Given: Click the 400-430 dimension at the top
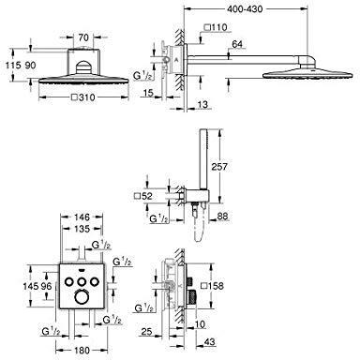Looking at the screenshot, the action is pyautogui.click(x=244, y=9).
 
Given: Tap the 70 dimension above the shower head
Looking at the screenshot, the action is pyautogui.click(x=83, y=37).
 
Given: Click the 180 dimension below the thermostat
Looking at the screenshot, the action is pyautogui.click(x=82, y=351).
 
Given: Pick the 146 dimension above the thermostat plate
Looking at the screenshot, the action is pyautogui.click(x=82, y=217).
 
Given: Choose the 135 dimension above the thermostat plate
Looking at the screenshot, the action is pyautogui.click(x=82, y=229).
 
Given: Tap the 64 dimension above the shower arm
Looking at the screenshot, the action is pyautogui.click(x=237, y=44).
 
